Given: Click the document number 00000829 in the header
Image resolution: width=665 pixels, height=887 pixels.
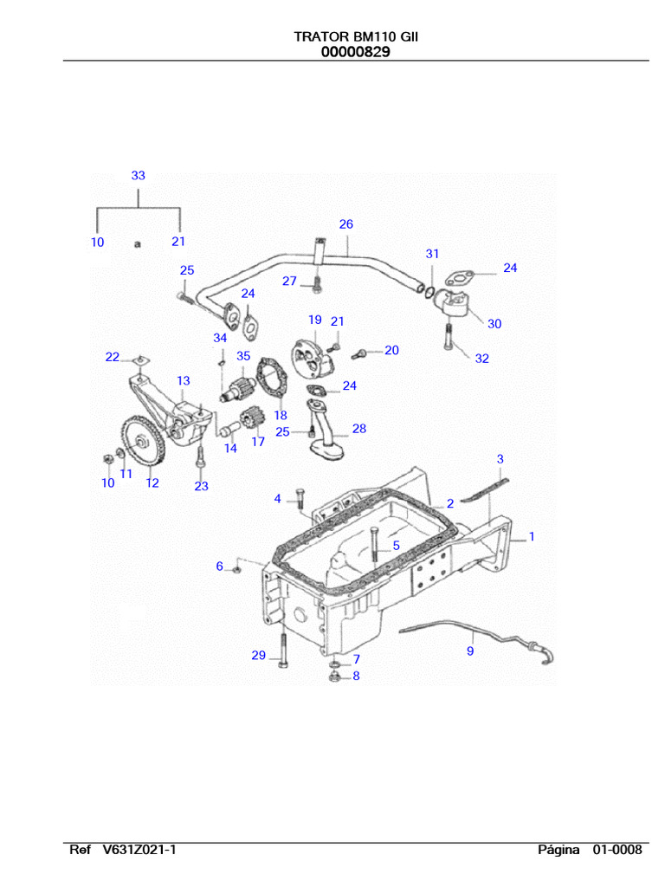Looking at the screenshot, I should coord(355,52).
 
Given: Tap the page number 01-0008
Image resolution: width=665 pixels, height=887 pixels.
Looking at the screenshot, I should coord(617,850).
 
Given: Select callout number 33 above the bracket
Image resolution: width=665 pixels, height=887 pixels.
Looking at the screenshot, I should coord(139,175).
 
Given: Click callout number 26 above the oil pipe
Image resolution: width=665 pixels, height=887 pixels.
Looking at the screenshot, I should coord(345,224).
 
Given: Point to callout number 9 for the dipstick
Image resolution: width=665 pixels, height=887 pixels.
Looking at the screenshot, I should coord(470,651).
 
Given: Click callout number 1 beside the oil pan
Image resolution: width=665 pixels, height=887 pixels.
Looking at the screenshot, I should coord(531,537).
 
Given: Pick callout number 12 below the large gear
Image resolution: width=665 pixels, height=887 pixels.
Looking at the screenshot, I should coord(152,483).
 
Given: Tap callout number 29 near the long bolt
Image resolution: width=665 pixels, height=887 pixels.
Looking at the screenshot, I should coord(258,656).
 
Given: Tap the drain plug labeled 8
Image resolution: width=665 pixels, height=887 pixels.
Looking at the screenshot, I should coord(334,675).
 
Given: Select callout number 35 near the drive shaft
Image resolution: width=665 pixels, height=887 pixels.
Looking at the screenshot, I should coord(243,356).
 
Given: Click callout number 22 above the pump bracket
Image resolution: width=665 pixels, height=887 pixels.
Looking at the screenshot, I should coord(113,357).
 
